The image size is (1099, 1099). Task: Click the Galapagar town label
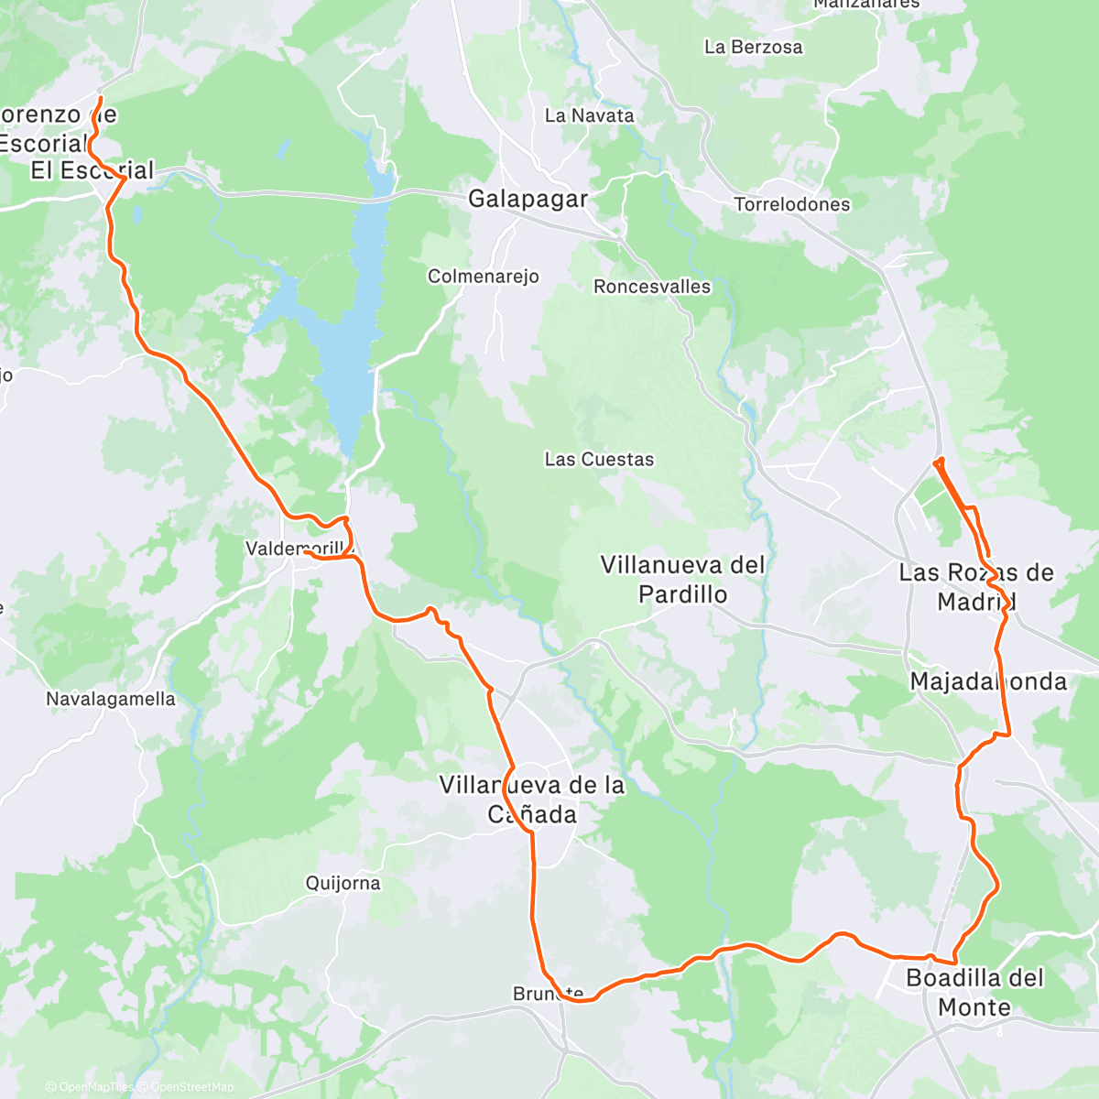point(528,199)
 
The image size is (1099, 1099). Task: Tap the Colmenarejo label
point(484,277)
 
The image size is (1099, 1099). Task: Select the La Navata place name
point(589,115)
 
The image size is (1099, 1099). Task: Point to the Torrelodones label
point(792,204)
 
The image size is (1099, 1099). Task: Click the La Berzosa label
point(753,47)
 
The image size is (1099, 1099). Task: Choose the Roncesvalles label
point(652,287)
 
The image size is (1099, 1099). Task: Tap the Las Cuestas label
point(599,459)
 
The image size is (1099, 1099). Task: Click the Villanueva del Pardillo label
point(682,580)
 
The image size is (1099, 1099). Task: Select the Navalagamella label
point(111,699)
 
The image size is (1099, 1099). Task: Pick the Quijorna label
point(343,883)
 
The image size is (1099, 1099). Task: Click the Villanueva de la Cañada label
point(532,800)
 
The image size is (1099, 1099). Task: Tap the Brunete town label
point(548,994)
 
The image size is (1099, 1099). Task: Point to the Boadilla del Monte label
point(974,992)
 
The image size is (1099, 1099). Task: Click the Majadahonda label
point(988,681)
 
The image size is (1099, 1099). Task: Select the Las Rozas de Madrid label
point(975,587)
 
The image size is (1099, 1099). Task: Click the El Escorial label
point(92,170)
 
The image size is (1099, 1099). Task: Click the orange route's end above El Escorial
point(100,97)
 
